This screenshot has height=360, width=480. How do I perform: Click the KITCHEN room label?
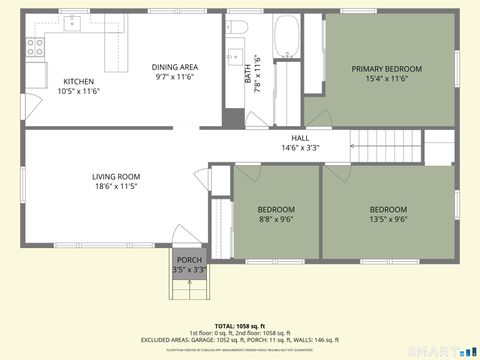pos(79,82)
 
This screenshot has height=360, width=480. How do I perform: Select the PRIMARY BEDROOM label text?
pos(386,69)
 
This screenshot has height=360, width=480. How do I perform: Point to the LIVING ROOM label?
pos(116,177)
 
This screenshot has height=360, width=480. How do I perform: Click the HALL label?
pos(300,138)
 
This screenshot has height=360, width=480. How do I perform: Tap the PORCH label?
pos(188,260)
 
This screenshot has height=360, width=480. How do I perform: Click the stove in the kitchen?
pos(35,46)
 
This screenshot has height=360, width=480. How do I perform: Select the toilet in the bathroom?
pos(237,27)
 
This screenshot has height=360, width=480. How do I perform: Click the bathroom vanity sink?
pos(237,56)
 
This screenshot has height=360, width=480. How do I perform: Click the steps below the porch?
pos(188,289)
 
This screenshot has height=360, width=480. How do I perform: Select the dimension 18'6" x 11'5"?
pos(116,187)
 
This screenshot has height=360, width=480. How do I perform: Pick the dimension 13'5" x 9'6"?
pos(387,220)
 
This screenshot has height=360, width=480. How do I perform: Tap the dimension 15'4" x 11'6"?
pos(386,79)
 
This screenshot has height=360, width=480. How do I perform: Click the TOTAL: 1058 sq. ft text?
pos(239,326)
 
